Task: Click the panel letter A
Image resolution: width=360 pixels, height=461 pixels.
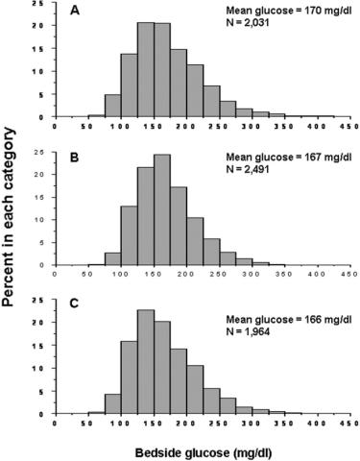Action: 75,11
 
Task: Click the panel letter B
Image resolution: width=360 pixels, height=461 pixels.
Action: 74,158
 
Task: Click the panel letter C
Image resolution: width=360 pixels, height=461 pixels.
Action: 74,303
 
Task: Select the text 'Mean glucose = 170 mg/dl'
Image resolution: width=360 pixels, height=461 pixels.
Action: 289,11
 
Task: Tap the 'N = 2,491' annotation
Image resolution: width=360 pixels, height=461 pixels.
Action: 248,169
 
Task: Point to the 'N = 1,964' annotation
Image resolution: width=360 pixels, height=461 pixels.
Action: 248,331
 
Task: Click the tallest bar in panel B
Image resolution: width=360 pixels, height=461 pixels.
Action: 162,209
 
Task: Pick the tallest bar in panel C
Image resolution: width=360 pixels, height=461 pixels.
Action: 146,362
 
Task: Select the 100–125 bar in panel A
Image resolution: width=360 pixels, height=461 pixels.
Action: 130,85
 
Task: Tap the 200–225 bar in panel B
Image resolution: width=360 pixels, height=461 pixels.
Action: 195,241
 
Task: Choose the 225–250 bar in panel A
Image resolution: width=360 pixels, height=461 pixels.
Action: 211,102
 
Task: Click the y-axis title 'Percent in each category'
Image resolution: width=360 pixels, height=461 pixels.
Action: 8,217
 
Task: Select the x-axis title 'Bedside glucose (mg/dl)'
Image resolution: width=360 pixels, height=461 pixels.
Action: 204,452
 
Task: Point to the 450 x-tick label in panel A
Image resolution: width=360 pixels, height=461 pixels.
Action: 351,127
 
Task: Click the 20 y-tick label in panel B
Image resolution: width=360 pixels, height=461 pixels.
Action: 45,174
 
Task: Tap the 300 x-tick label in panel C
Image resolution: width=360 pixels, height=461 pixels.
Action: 252,424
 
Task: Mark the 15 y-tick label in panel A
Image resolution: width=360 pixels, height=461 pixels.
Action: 45,48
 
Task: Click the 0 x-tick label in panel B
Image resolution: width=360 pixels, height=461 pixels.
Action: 55,275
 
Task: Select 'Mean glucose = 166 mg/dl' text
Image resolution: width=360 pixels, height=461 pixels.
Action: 289,320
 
